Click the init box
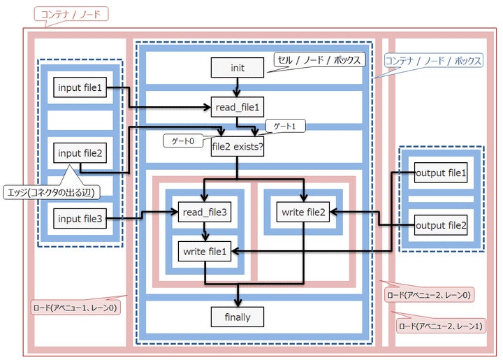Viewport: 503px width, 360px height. pos(238,67)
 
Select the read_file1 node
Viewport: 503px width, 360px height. pos(238,108)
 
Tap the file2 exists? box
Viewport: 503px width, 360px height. pos(238,147)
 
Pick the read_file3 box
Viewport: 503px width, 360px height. pos(204,212)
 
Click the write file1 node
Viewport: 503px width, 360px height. pos(204,251)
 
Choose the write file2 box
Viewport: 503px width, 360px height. pos(303,212)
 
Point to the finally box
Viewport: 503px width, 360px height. pos(238,317)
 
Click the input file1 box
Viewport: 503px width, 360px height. pos(80,88)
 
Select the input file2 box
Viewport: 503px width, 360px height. pos(80,153)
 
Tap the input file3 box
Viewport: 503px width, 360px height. pos(80,219)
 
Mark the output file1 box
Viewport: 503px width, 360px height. pos(440,172)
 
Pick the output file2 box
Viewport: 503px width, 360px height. pos(440,224)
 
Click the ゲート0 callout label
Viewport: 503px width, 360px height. pos(186,141)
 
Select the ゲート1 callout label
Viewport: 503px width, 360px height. pos(284,125)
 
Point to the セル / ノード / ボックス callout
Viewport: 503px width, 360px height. pos(318,61)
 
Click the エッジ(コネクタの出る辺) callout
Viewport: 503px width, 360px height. pos(50,192)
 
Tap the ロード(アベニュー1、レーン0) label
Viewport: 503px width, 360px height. pos(75,306)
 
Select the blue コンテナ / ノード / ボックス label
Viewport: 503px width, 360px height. pos(433,62)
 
